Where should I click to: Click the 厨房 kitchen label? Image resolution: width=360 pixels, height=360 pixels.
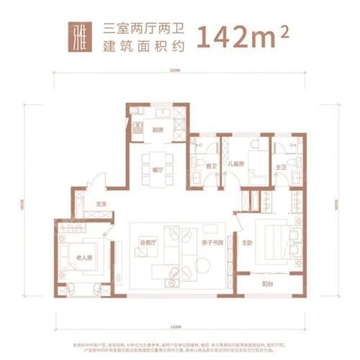point(157,130)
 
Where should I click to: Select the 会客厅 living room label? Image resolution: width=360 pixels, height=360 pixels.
point(148,243)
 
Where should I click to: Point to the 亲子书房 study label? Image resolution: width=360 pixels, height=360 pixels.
point(212,243)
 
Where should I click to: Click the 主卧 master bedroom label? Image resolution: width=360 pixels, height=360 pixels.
point(247,243)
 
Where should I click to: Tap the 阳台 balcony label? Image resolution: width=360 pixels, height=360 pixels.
point(267,283)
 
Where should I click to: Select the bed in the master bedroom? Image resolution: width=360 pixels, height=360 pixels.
point(276,245)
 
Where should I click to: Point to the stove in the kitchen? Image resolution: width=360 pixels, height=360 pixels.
point(138,128)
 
